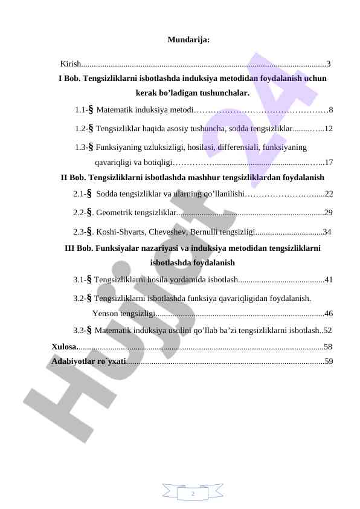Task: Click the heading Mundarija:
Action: (188, 41)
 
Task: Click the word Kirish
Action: (70, 63)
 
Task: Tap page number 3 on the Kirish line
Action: (328, 63)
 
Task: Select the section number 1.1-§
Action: (84, 110)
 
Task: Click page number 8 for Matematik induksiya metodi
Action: (331, 110)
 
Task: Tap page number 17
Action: (329, 162)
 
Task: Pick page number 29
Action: (329, 213)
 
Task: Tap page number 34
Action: (327, 232)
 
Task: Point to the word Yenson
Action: (106, 313)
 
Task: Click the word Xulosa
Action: (64, 347)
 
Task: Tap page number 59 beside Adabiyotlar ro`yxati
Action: (329, 361)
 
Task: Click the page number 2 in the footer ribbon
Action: (193, 494)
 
